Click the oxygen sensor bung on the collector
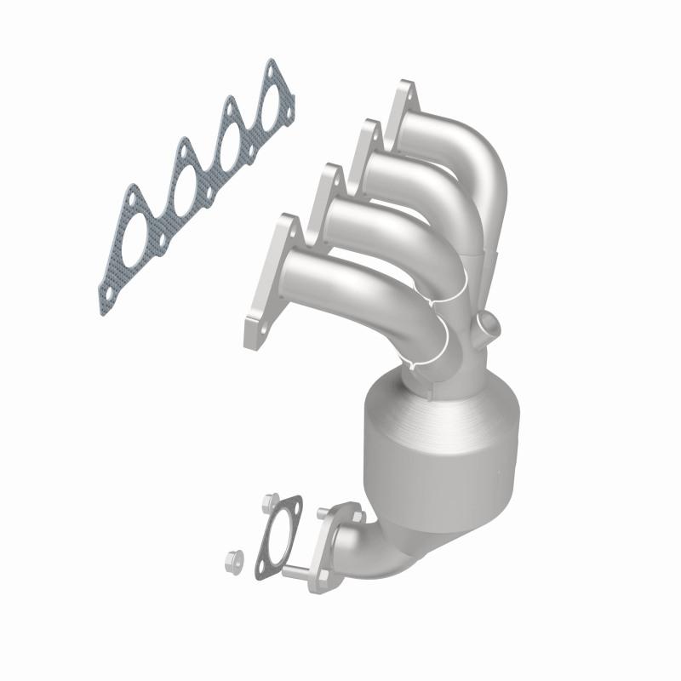pyautogui.click(x=488, y=324)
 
